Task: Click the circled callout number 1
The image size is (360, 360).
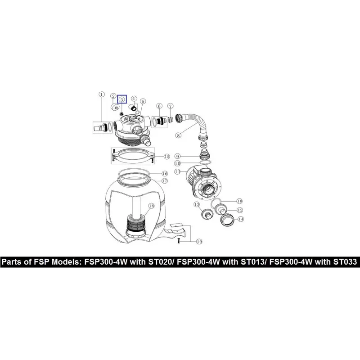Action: click(x=102, y=94)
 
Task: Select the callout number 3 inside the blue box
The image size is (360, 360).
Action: click(x=122, y=99)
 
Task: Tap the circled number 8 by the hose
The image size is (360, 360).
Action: click(x=178, y=135)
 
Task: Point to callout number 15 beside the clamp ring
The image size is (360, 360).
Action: click(x=166, y=157)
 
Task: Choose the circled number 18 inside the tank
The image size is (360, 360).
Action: click(x=152, y=206)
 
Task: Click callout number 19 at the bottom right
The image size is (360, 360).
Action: click(x=199, y=242)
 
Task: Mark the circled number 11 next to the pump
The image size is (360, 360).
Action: click(x=177, y=171)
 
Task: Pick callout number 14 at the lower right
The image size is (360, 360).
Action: click(x=240, y=219)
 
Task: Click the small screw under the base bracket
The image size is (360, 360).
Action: click(x=179, y=241)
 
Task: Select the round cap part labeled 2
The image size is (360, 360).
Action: click(x=115, y=107)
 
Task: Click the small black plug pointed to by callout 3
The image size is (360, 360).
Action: click(x=121, y=113)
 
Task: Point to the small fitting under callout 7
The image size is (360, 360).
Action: click(x=171, y=119)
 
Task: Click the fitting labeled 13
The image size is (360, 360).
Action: click(x=207, y=215)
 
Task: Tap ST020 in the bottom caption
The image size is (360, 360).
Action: click(x=160, y=262)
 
